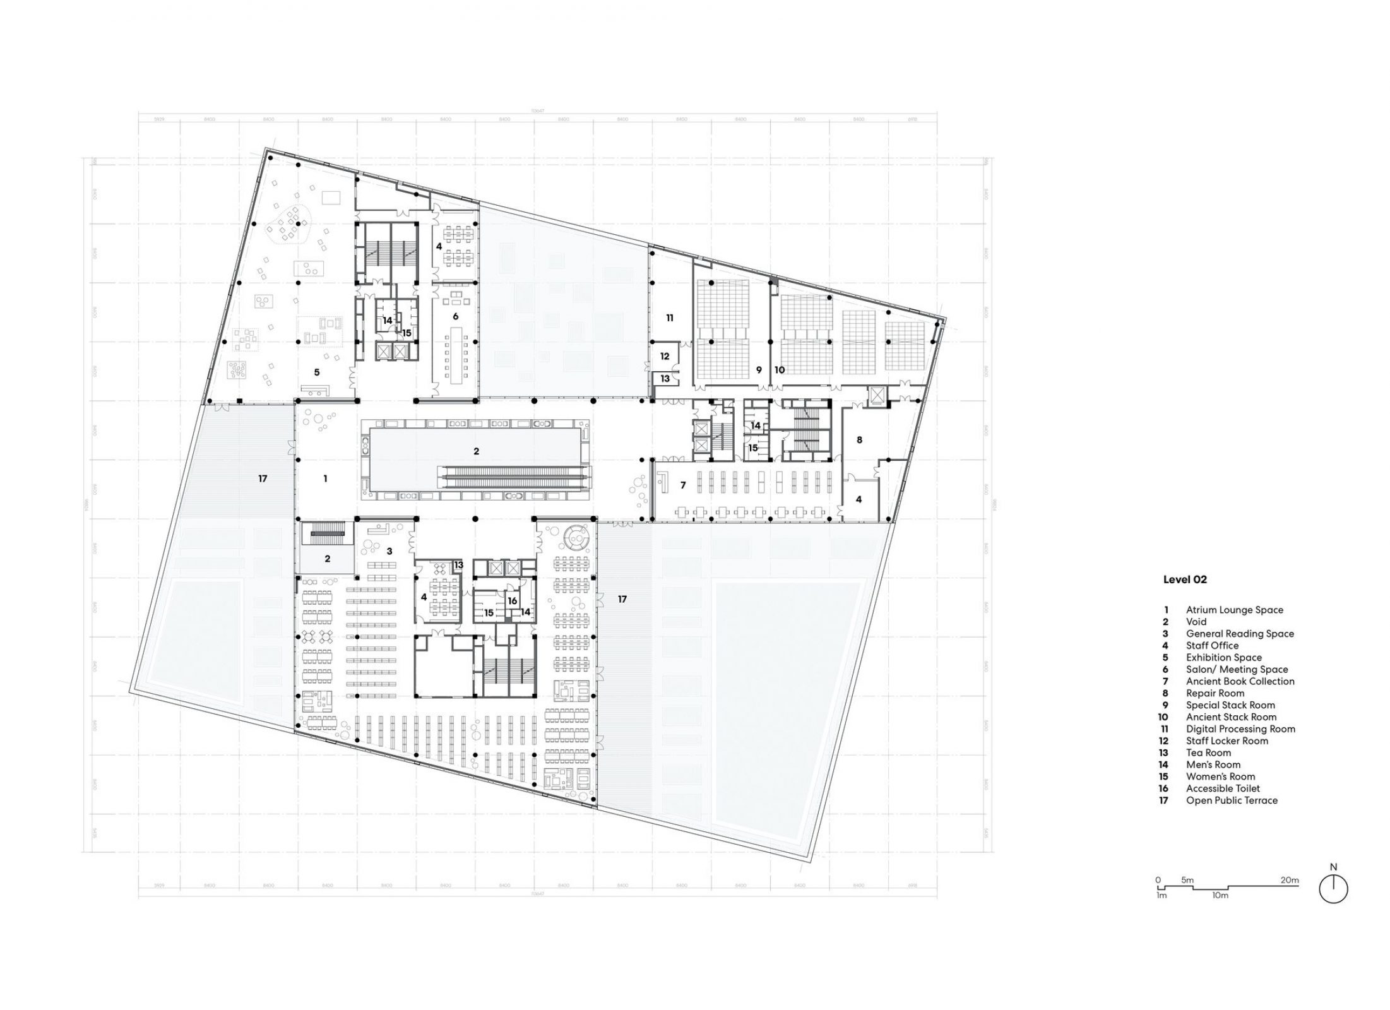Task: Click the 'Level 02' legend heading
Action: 1185,579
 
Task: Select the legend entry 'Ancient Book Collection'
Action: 1240,681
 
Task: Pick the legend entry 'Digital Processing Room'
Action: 1240,728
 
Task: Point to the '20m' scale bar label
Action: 1289,879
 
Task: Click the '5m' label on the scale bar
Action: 1187,879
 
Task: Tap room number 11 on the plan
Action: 670,318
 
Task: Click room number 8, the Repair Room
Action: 859,440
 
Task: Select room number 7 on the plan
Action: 682,485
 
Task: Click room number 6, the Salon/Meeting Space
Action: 455,316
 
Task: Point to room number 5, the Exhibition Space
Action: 317,373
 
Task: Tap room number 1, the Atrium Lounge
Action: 325,479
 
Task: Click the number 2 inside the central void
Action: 476,451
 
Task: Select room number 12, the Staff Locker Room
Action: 665,356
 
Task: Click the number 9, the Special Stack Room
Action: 759,370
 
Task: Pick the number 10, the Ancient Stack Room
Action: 780,370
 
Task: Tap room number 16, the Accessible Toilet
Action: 512,601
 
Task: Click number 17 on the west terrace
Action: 263,479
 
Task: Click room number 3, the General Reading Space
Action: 389,551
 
